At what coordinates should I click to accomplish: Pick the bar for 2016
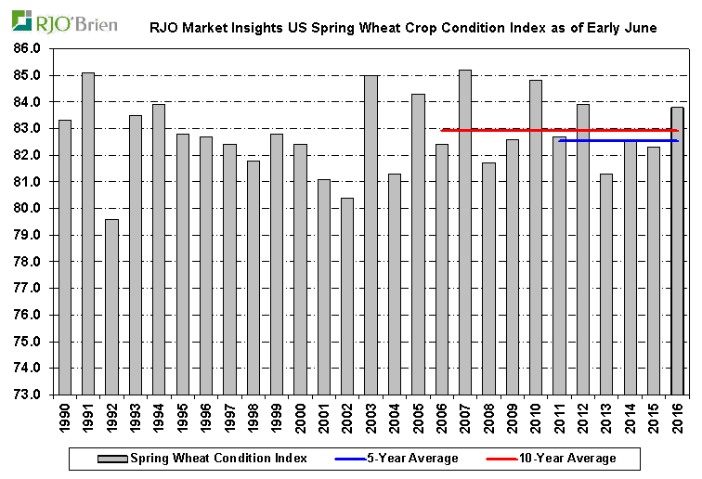[678, 251]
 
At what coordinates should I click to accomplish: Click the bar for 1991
[88, 233]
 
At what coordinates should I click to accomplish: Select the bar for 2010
[536, 237]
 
